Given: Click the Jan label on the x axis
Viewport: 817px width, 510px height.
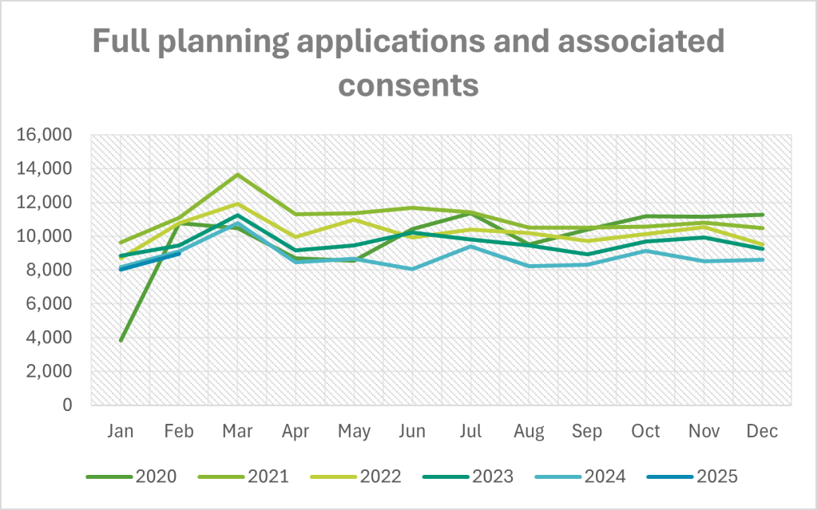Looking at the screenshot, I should (x=120, y=432).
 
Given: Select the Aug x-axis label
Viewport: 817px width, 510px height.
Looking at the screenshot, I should (x=529, y=432).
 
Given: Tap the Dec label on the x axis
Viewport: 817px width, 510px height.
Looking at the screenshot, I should (x=763, y=432).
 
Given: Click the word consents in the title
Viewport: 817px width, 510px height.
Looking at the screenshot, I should (x=408, y=82).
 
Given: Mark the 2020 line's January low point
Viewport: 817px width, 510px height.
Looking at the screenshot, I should (x=120, y=341).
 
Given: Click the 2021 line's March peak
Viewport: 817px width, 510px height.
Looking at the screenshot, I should (x=237, y=175).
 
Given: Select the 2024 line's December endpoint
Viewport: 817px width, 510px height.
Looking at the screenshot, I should (x=763, y=259).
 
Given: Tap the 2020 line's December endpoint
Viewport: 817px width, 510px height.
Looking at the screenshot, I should (x=763, y=215).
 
